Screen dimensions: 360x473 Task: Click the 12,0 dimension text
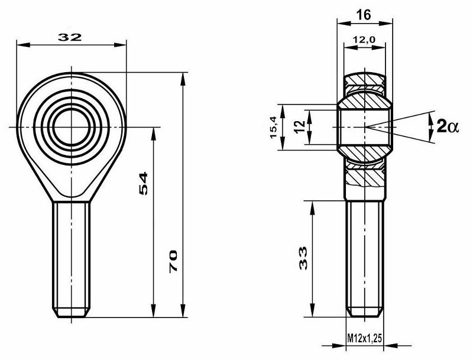[x=364, y=40]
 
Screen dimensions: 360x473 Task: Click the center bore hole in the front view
[x=72, y=127]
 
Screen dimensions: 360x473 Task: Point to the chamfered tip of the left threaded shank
[x=72, y=313]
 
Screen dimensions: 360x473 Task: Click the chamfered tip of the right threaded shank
[x=364, y=312]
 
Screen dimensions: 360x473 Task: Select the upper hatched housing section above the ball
[x=364, y=82]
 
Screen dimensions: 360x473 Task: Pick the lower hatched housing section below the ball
[x=364, y=174]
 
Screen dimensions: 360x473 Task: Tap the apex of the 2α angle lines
[x=365, y=127]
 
